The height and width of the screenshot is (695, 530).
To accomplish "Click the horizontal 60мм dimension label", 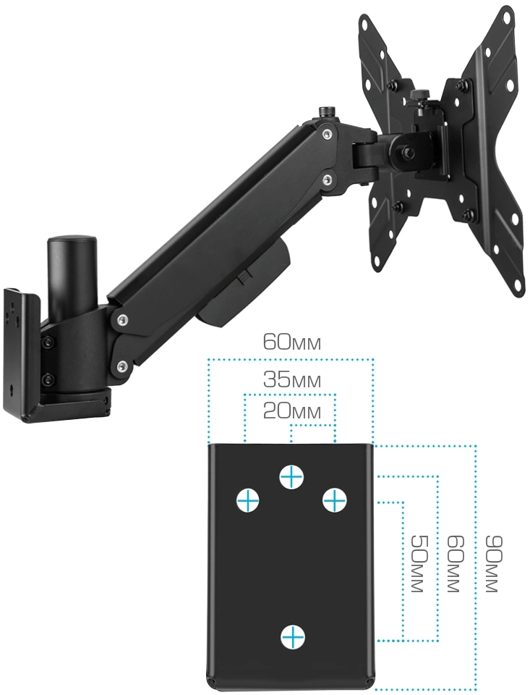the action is pos(291,342).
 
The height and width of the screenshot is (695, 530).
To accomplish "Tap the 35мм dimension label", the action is pos(291,380).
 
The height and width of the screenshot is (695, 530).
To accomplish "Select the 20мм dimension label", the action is pos(291,412).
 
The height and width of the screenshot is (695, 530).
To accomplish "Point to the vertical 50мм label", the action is pos(417,563).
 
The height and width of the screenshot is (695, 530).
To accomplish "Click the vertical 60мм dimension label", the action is pos(454,563).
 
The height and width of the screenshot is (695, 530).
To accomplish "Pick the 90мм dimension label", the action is pos(492,563).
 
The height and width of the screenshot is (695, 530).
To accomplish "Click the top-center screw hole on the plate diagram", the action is pos(292,477).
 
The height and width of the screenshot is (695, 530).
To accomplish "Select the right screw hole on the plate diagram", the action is pos(334,500).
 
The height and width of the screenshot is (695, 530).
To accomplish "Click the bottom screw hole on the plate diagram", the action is pos(293,637).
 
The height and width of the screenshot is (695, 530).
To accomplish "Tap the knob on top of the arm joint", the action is pos(328,113).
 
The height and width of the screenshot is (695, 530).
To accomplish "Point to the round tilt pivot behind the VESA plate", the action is pos(406,151).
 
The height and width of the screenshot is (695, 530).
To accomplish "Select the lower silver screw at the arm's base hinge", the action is pos(121,366).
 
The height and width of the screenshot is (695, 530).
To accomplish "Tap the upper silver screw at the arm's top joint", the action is pos(327,133).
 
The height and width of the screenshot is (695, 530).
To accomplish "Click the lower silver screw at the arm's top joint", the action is pos(328,179).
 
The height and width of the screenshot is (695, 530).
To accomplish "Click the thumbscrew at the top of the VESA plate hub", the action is pos(419,96).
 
